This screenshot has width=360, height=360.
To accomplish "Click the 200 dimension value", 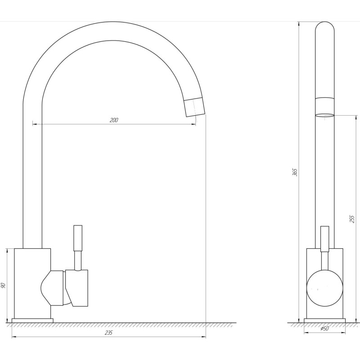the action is click(114, 120).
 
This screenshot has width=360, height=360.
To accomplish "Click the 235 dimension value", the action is click(108, 333).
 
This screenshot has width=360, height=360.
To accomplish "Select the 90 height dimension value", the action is click(3, 285).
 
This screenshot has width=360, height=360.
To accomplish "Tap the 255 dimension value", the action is click(352, 219).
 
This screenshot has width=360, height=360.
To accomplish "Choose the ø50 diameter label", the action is click(324, 328).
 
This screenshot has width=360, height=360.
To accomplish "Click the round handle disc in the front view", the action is click(324, 288).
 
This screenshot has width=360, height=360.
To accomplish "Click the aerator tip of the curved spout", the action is click(195, 107).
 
